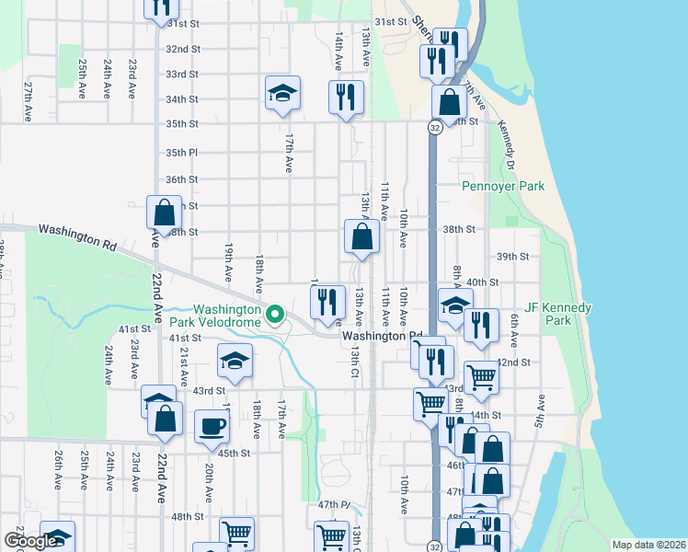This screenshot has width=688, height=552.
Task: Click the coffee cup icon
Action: point(212,426)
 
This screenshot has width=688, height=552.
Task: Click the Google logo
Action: point(29,541)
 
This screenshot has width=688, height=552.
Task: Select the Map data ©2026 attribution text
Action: point(648,545)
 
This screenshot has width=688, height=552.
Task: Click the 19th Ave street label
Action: point(228,263)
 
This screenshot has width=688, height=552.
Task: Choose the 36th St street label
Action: point(181,179)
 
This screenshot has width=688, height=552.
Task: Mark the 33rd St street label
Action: point(181,74)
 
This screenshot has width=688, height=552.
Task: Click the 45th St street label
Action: point(234,453)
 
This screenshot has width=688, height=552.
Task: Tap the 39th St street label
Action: point(512,257)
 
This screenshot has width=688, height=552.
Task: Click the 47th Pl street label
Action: point(335,505)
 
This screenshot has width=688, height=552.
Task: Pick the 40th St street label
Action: point(482,282)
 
